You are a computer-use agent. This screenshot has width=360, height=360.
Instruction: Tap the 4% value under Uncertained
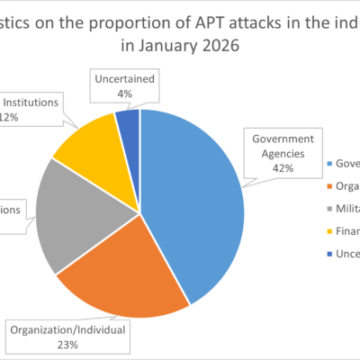tap(127, 92)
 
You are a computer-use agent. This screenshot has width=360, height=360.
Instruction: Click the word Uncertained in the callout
tap(127, 77)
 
